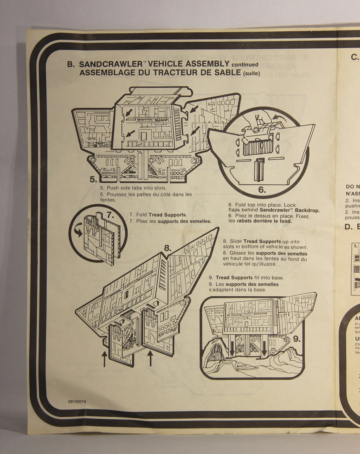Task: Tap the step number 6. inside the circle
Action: [262, 190]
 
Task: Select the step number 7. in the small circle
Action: [110, 215]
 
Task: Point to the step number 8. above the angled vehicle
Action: [167, 248]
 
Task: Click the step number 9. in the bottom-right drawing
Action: [297, 339]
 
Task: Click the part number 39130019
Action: [77, 401]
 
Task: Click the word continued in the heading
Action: [245, 64]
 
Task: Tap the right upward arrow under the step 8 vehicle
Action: [150, 357]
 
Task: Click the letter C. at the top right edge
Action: [355, 57]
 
